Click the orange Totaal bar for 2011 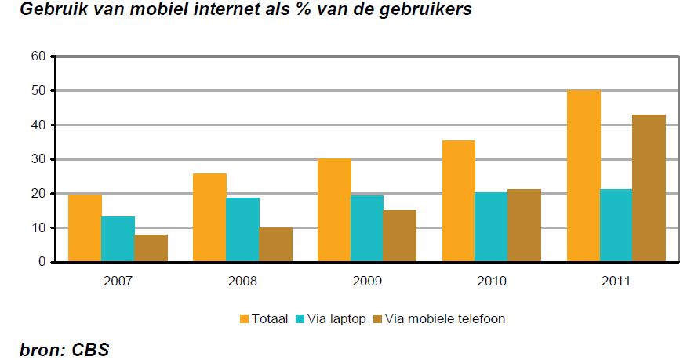tap(584, 176)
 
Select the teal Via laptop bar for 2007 tap(118, 239)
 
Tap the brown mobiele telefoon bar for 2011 tap(649, 188)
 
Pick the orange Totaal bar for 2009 tap(334, 210)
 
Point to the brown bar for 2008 tap(275, 245)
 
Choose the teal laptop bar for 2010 tap(492, 227)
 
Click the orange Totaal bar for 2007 tap(85, 227)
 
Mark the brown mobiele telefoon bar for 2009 tap(400, 236)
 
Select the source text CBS tap(91, 349)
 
